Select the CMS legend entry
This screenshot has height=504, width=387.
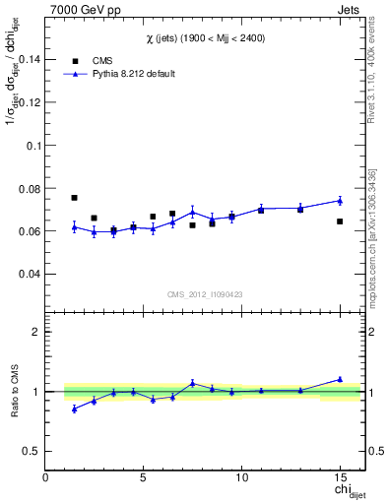(x=89, y=60)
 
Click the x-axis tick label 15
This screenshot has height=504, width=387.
(x=339, y=478)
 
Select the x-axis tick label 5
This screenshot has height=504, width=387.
(x=144, y=478)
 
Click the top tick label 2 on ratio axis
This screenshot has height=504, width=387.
(x=36, y=332)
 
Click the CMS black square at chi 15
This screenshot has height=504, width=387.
(x=340, y=221)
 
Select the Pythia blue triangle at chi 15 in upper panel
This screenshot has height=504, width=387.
(x=340, y=200)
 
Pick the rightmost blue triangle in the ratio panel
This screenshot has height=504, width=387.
(x=340, y=379)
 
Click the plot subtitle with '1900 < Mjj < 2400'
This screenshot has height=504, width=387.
(x=205, y=37)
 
